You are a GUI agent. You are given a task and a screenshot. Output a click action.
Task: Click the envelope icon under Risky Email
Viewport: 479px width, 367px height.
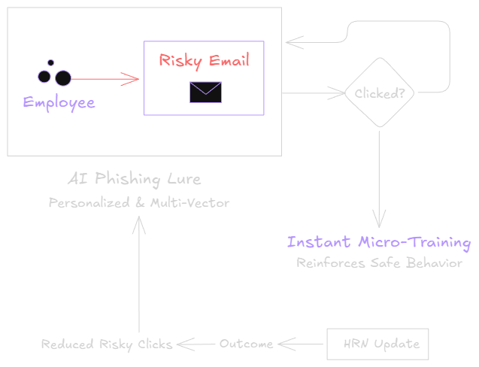click(205, 92)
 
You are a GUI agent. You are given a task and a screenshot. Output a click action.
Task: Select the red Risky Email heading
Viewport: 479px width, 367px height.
click(205, 61)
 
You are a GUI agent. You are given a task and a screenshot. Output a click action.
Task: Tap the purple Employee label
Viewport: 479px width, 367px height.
click(59, 103)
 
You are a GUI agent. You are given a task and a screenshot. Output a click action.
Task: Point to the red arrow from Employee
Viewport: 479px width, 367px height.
click(105, 77)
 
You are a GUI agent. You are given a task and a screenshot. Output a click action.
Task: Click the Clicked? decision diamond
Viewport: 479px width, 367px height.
click(380, 94)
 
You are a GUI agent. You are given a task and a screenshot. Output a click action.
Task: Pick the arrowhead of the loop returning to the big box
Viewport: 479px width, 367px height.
click(293, 42)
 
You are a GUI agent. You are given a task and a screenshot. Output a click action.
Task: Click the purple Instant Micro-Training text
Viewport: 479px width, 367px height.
click(379, 243)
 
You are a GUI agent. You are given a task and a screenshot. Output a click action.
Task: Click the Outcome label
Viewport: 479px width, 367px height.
click(246, 344)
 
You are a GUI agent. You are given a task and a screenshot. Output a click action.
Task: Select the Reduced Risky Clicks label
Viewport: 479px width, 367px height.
click(107, 344)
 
